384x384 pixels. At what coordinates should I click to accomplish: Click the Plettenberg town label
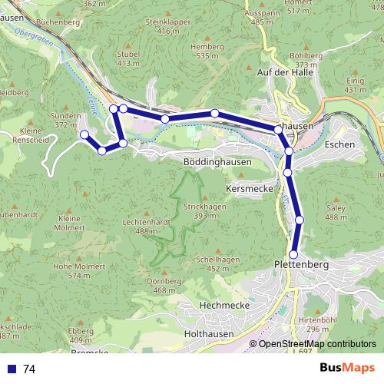(x=301, y=265)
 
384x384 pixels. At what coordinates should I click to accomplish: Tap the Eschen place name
(x=339, y=144)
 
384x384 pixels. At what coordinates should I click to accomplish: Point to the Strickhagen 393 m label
(x=204, y=212)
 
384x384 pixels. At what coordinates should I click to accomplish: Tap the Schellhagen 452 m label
(x=214, y=263)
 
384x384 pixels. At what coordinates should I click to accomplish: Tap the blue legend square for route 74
(x=11, y=369)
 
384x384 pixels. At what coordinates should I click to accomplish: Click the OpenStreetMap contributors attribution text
(x=317, y=344)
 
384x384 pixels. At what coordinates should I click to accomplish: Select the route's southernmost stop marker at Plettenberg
(x=293, y=254)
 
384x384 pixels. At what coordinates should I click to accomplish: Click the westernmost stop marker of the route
(x=84, y=134)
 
